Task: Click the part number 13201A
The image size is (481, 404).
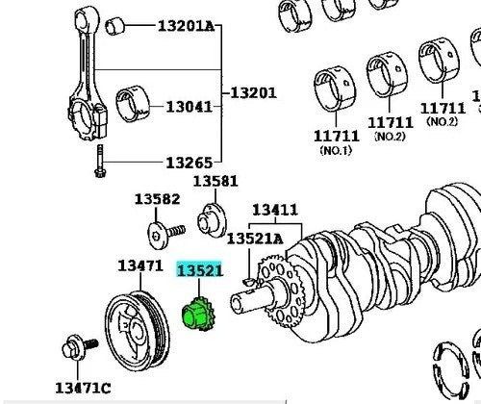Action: [186, 26]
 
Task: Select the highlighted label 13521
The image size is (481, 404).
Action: [199, 270]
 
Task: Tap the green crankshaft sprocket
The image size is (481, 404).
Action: [198, 315]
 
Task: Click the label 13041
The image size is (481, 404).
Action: [190, 107]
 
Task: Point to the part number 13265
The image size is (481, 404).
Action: [190, 163]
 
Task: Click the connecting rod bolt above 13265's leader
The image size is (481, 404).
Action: [100, 161]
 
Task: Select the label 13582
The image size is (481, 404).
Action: [157, 199]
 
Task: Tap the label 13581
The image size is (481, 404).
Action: [215, 181]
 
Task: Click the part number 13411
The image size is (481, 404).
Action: [275, 210]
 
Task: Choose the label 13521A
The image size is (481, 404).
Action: [255, 239]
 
